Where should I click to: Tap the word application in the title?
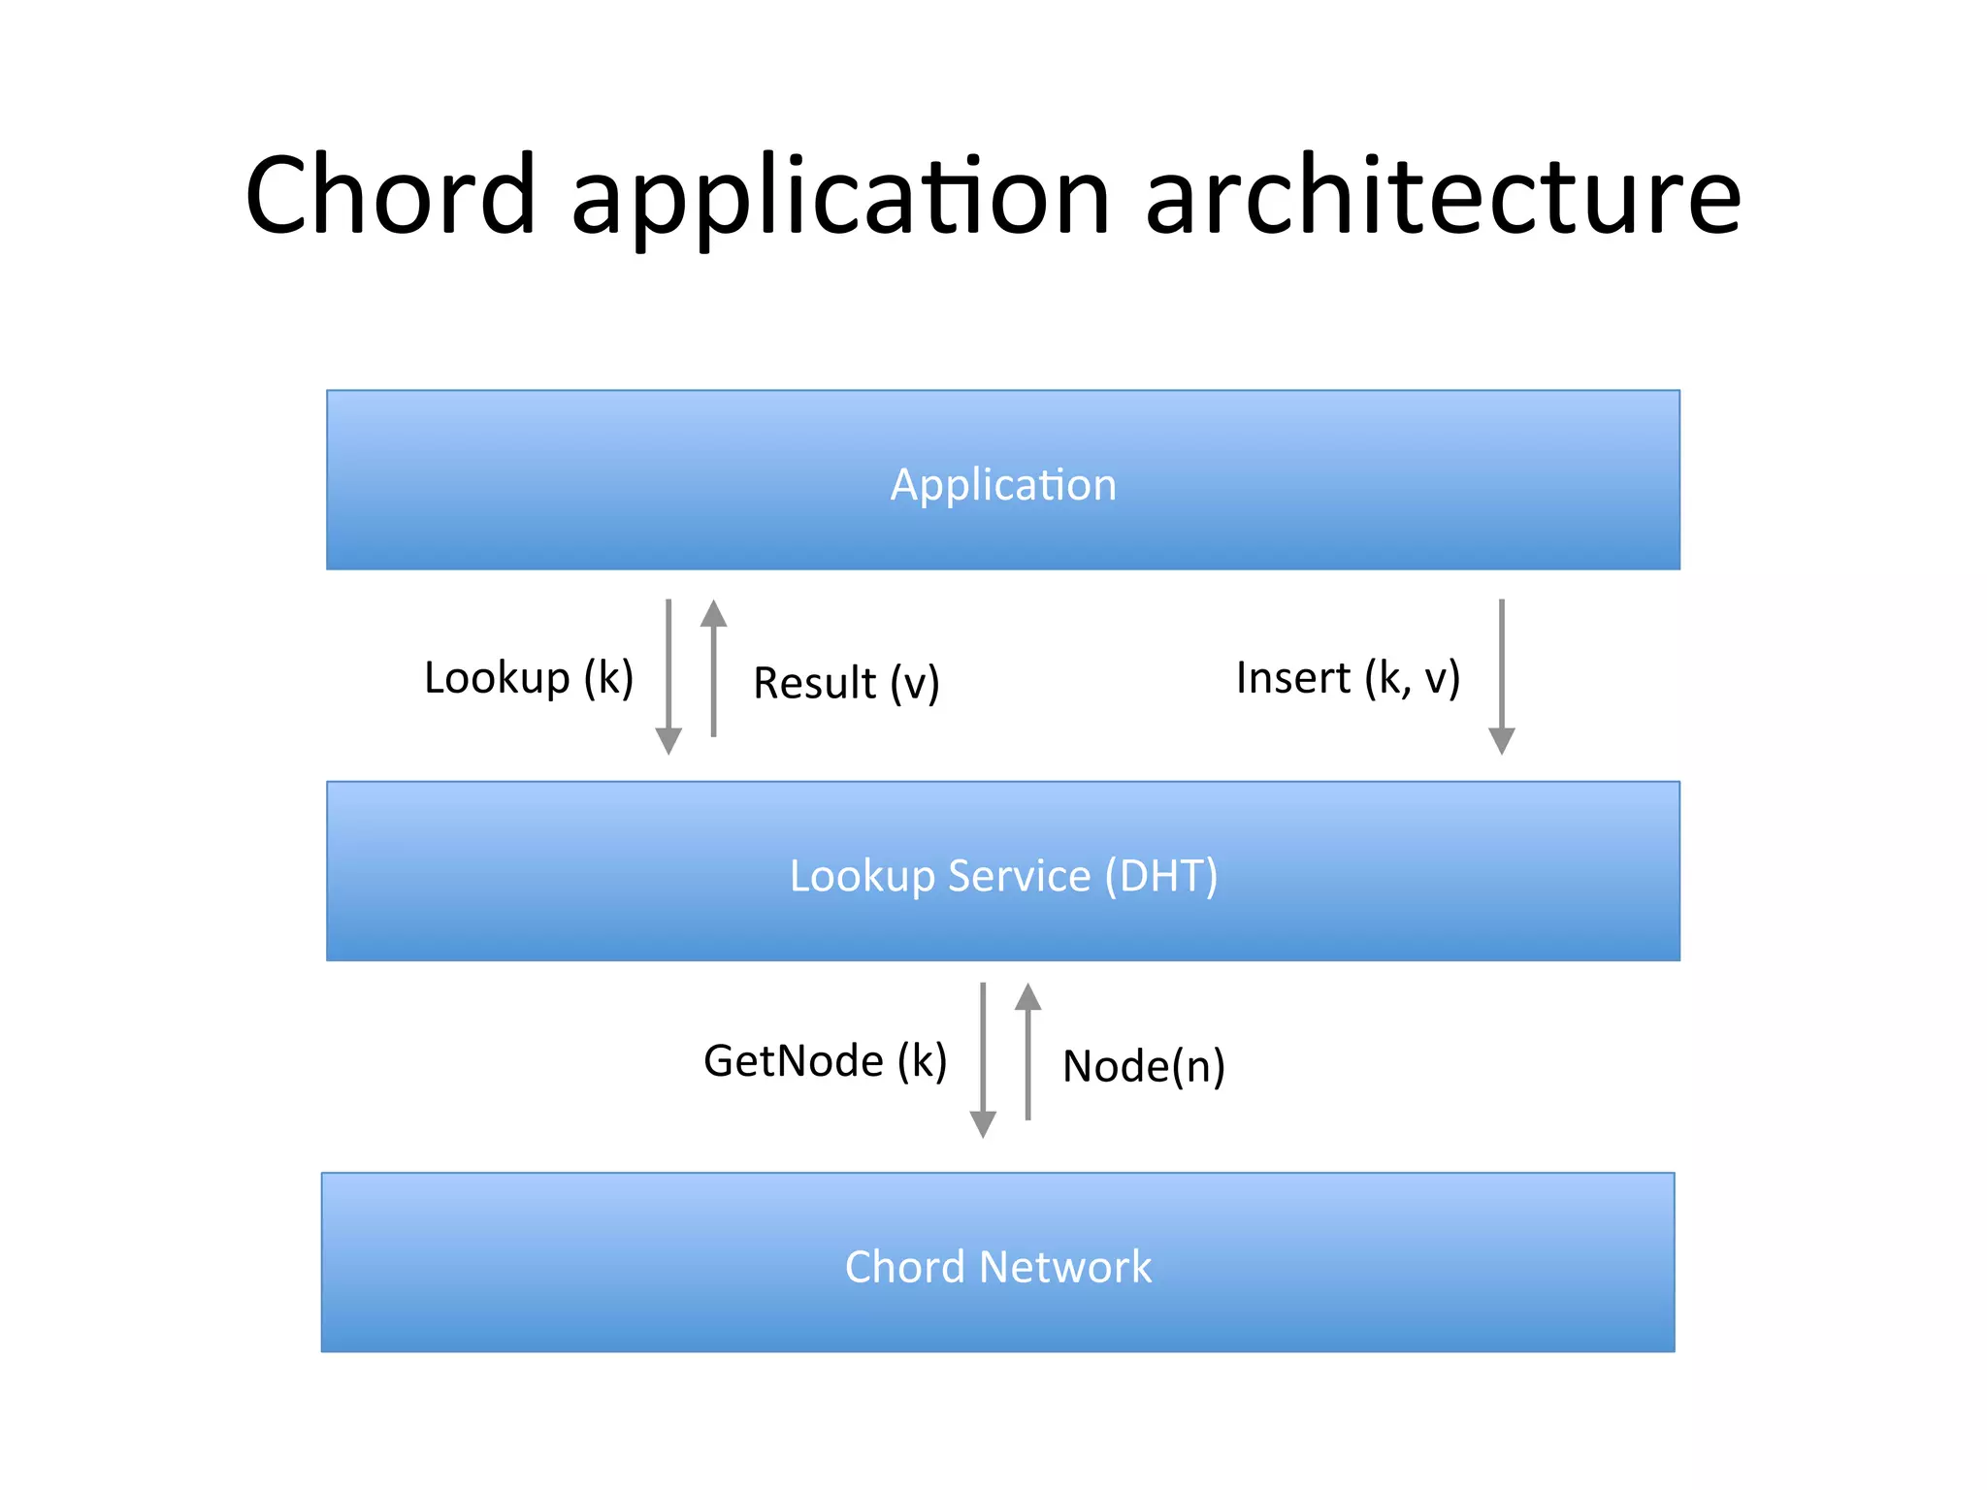click(840, 199)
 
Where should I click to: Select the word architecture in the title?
click(1443, 196)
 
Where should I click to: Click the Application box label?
click(1003, 484)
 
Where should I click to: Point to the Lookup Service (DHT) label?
click(1003, 876)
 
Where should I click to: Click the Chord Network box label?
click(998, 1267)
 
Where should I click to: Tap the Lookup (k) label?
click(529, 677)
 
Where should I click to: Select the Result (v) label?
click(846, 683)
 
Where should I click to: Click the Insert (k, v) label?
click(1348, 677)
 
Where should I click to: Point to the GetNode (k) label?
click(825, 1060)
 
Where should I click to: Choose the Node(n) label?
click(1144, 1066)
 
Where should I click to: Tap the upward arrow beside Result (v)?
click(714, 668)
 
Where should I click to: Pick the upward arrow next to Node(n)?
click(1028, 1052)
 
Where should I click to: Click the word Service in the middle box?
click(1019, 876)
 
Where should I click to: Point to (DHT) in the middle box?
click(1161, 876)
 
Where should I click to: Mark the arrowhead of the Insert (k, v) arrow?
click(1501, 741)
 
